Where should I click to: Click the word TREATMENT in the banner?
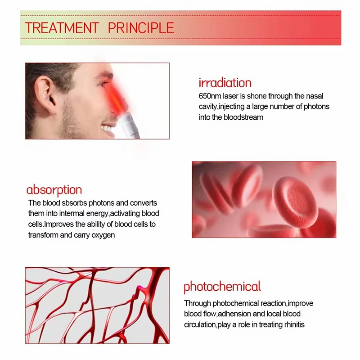click(62, 28)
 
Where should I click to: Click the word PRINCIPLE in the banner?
click(141, 28)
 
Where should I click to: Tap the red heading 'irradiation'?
click(225, 83)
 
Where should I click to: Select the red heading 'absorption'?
click(54, 190)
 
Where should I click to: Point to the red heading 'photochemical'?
click(222, 287)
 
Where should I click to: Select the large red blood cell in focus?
click(296, 202)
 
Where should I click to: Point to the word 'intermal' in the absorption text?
click(72, 213)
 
